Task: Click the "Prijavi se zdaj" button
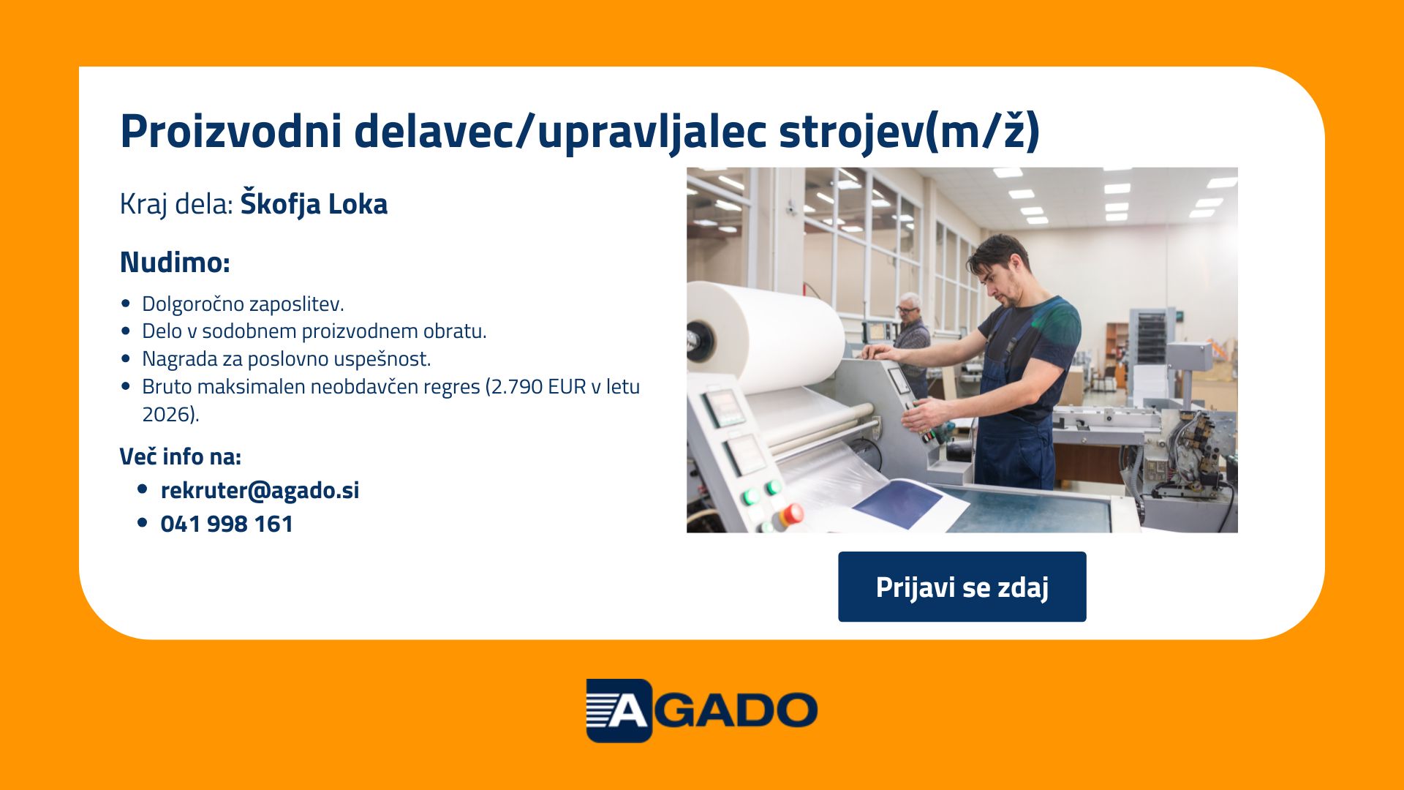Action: pos(962,587)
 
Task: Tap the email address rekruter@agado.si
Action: pos(260,490)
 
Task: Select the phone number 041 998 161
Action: pos(227,524)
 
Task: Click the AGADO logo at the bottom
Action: pos(701,710)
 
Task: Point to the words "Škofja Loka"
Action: pos(314,204)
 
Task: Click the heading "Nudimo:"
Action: pos(175,262)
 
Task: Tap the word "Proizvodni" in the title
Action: pos(231,132)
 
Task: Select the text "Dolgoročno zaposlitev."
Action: pos(243,304)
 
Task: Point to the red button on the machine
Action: pos(792,514)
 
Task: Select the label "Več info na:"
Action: pos(181,456)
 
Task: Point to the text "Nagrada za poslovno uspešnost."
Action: pos(287,358)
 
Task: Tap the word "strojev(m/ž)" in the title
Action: pos(909,132)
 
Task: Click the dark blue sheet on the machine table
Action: pos(898,503)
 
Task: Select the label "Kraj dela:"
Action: pos(176,204)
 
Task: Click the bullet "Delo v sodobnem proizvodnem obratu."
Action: pos(314,331)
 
